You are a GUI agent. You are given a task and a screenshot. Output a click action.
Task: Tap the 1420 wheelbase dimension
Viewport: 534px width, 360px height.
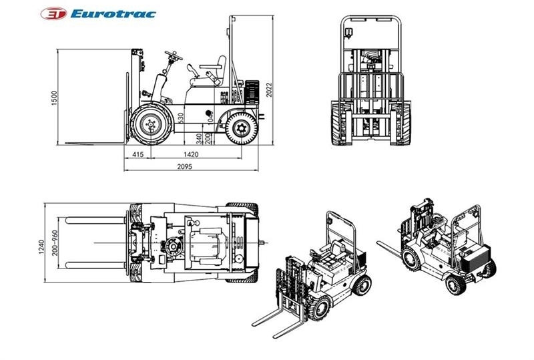[x=193, y=155]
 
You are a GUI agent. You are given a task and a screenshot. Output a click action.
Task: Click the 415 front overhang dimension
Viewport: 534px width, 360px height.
[x=138, y=155]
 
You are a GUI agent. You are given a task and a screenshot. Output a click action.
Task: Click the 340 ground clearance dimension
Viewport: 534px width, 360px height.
[x=200, y=139]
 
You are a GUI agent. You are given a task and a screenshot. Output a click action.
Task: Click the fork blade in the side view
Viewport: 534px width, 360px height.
[x=93, y=143]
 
